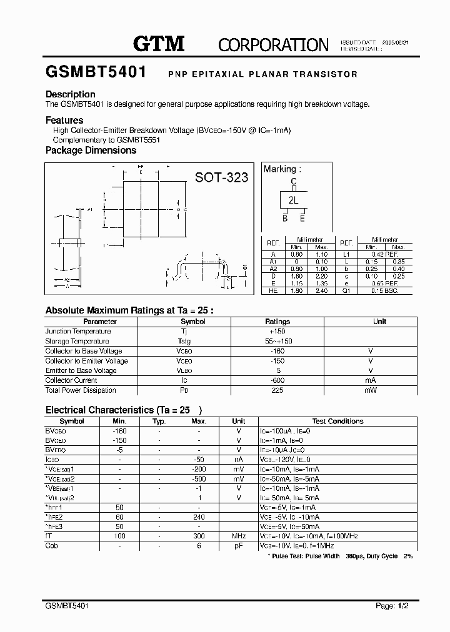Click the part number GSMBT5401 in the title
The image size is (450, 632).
tap(96, 72)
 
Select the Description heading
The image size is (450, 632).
tap(71, 94)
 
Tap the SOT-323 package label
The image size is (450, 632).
tap(221, 177)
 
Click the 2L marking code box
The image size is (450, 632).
tap(293, 200)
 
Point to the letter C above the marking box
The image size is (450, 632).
tap(293, 182)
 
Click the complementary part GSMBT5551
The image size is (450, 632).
tap(138, 141)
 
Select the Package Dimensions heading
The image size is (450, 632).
tap(91, 151)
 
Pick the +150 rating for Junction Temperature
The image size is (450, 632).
tap(277, 332)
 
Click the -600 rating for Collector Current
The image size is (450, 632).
tap(277, 380)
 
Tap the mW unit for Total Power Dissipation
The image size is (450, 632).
tap(371, 390)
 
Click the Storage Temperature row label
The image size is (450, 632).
tap(77, 342)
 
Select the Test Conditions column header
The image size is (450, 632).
tap(337, 422)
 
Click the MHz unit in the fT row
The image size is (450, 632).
tap(239, 536)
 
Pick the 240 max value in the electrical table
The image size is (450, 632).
tap(199, 517)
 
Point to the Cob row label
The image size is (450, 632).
tap(52, 546)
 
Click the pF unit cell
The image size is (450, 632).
tap(239, 546)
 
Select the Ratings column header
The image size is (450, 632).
tap(277, 322)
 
